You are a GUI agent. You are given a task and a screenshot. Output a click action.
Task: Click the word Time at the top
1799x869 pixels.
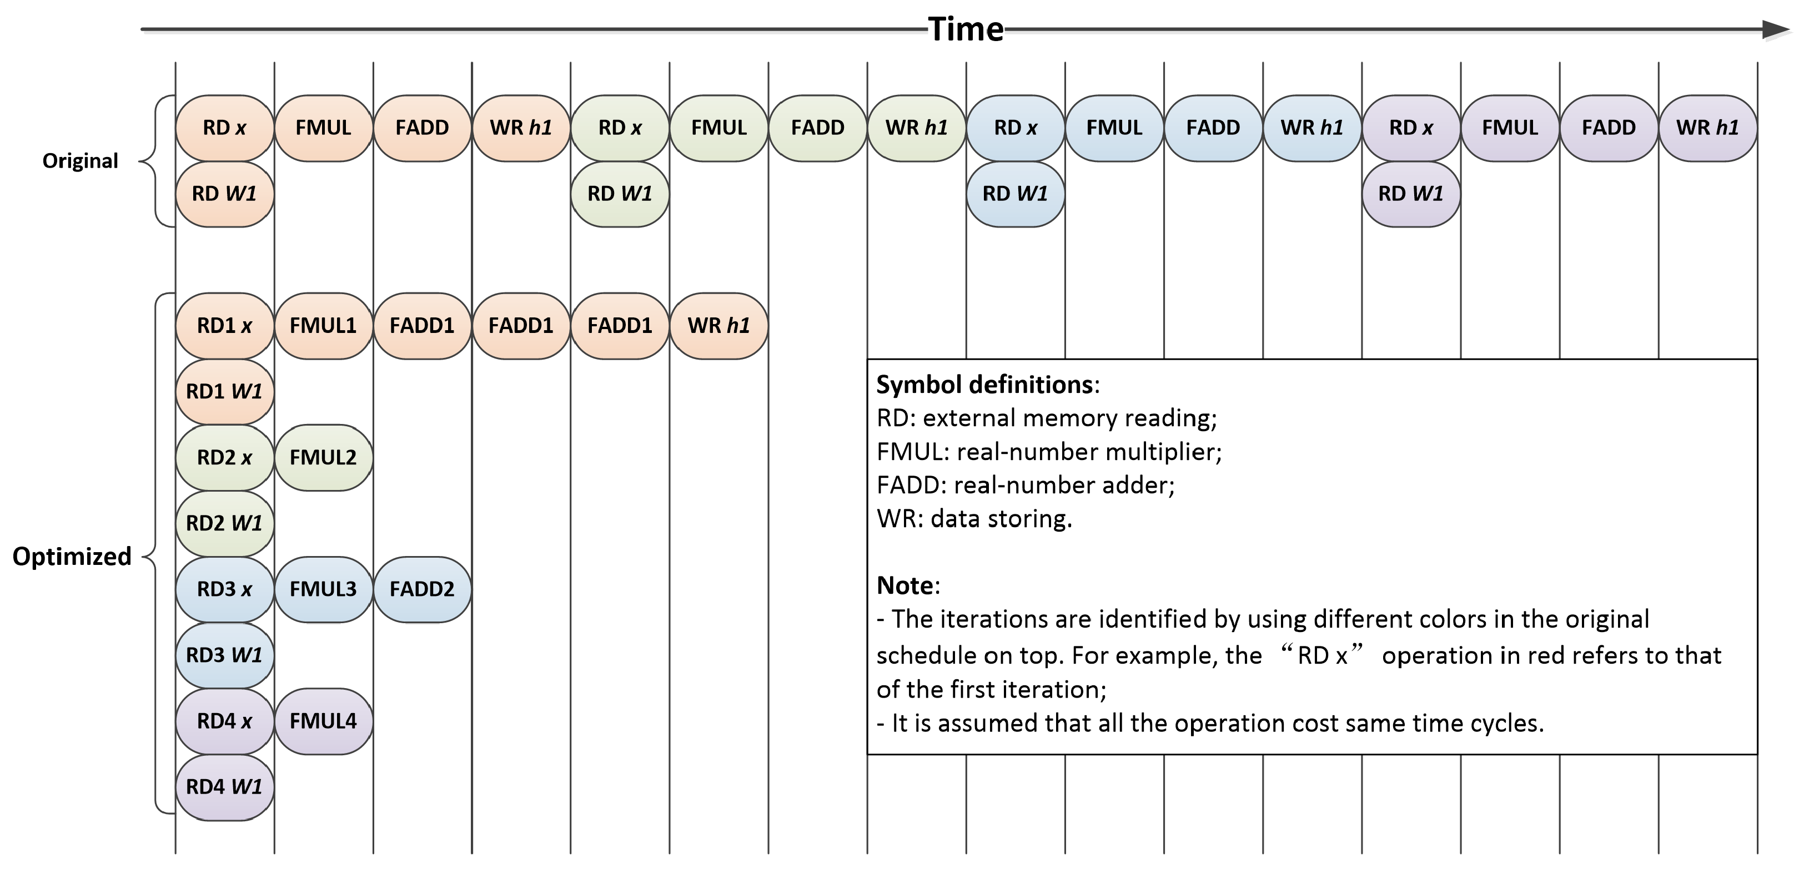[965, 29]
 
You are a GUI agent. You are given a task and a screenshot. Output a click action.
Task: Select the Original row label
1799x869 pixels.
[81, 161]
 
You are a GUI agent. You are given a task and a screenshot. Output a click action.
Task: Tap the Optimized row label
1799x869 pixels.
[72, 556]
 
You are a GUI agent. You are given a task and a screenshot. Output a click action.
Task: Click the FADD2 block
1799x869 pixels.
[422, 589]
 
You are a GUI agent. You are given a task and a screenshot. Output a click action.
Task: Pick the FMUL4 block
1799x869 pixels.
[323, 721]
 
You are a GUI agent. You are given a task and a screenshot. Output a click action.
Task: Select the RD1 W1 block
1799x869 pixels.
[224, 392]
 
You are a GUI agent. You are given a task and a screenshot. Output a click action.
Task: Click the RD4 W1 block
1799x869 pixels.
[224, 787]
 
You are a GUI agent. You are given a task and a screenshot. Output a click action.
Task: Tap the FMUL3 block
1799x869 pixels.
[323, 589]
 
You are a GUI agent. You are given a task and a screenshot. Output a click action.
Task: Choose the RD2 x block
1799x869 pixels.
[224, 457]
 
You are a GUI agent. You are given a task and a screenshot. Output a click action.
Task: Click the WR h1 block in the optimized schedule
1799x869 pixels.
[718, 326]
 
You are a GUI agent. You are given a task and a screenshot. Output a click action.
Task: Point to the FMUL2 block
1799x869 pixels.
[323, 457]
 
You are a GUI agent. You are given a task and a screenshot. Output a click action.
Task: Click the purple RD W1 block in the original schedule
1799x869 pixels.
[1411, 194]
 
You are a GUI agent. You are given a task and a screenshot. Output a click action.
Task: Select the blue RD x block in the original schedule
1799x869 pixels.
[1016, 128]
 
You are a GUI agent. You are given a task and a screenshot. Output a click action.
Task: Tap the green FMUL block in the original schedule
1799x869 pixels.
[718, 128]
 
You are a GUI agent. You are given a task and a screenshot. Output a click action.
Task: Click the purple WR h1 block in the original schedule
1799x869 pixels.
[1707, 128]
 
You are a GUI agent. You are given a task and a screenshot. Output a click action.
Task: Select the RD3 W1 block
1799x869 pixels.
[224, 655]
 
